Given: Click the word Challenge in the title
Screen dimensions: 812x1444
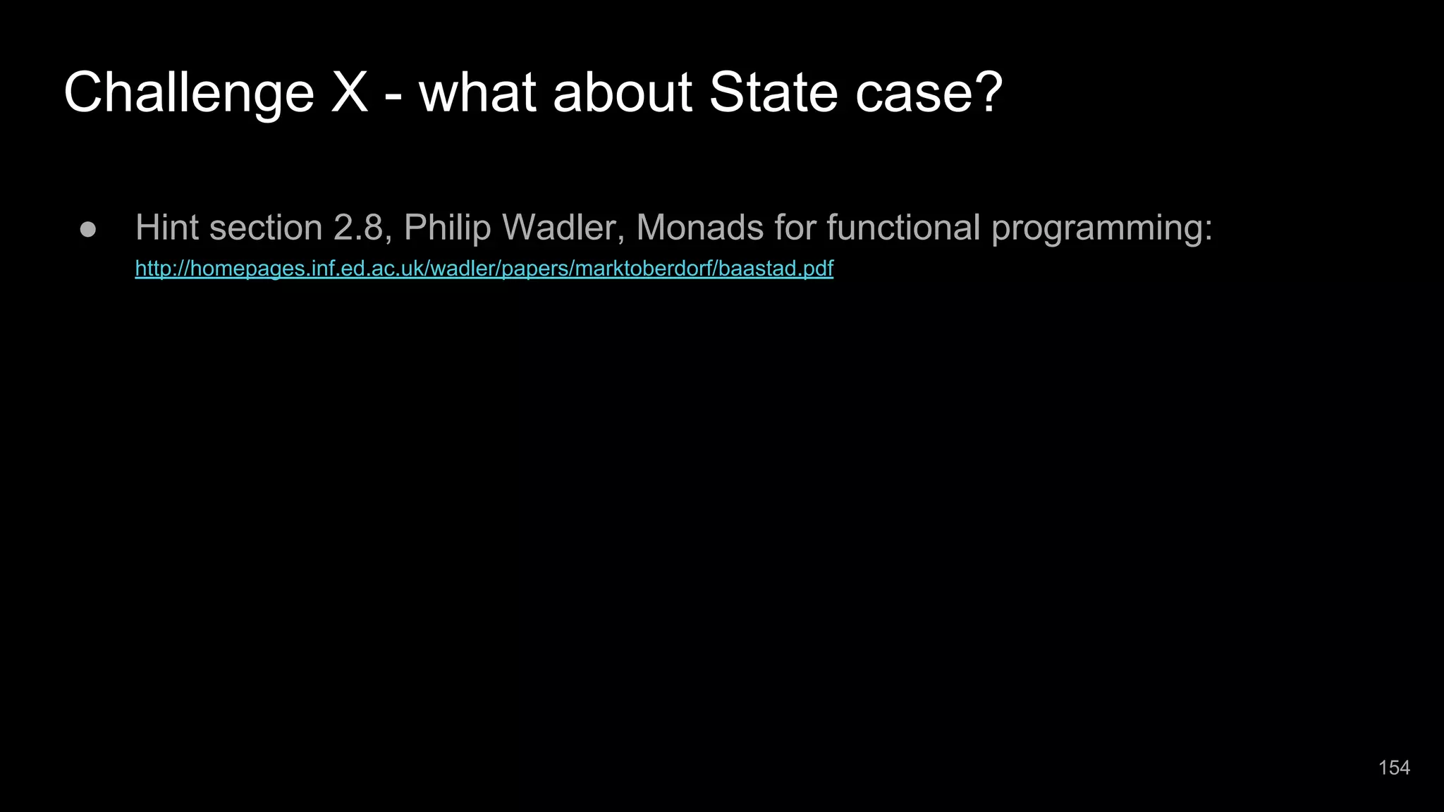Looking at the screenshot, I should [188, 93].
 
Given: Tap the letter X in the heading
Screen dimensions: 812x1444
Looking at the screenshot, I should [350, 93].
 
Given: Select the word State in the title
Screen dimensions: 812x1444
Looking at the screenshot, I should [773, 93].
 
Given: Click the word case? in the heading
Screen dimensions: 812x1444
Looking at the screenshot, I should [929, 93].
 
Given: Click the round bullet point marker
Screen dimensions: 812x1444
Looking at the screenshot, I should [88, 230].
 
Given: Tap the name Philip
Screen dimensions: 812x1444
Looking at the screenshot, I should [447, 228].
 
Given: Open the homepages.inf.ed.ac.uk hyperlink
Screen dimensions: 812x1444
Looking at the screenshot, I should [484, 269].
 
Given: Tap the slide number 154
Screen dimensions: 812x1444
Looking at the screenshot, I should [1394, 768].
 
